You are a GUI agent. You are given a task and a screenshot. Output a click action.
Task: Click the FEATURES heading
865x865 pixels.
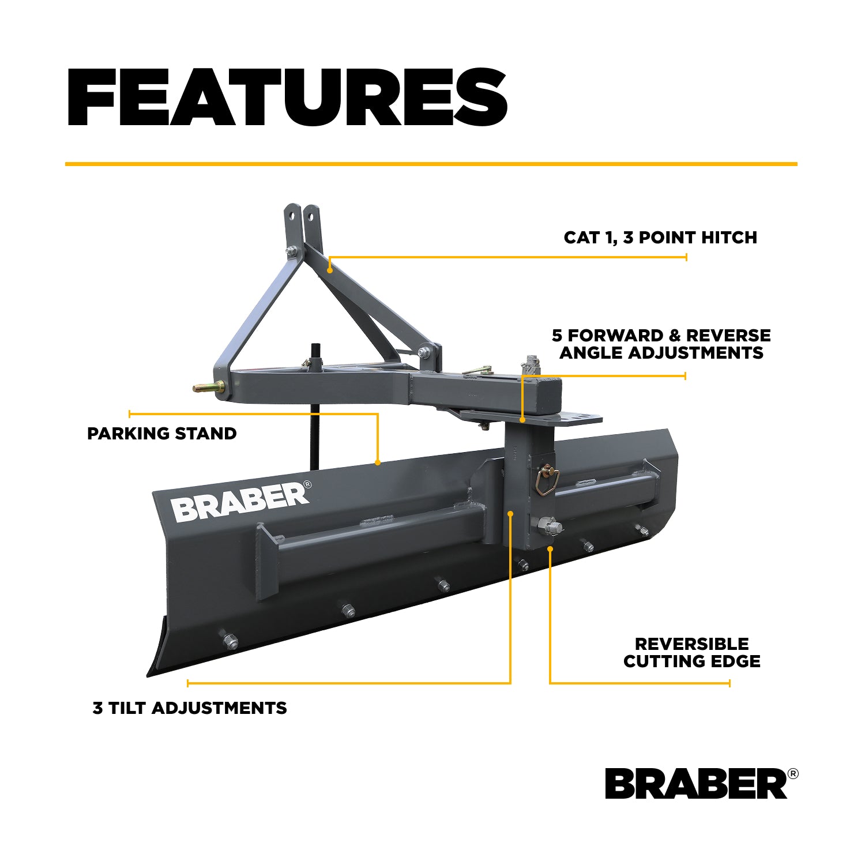[287, 97]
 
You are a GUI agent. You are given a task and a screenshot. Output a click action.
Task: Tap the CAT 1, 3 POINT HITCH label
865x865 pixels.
[660, 238]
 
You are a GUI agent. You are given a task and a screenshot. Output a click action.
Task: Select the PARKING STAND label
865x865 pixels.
[162, 434]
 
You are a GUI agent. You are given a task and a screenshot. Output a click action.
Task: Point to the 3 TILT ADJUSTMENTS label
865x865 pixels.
[190, 708]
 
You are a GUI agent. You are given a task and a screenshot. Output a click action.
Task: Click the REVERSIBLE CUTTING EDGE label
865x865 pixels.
[692, 652]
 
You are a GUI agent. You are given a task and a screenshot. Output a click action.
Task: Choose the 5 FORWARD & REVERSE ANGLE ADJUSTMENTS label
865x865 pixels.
[661, 344]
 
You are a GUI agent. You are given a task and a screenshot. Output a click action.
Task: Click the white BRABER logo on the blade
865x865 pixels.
[240, 501]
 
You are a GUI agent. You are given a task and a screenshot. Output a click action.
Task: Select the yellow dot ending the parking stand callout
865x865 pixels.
[378, 462]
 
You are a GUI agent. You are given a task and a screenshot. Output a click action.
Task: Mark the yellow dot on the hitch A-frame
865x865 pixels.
[330, 269]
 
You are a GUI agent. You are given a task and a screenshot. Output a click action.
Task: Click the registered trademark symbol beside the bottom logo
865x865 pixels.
[793, 774]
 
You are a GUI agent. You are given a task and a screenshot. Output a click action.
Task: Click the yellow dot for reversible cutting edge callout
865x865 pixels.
[550, 549]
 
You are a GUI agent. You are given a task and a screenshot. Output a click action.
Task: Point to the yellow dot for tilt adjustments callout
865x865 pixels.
[510, 513]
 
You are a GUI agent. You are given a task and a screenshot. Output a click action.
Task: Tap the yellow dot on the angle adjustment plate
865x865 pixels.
[522, 420]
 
